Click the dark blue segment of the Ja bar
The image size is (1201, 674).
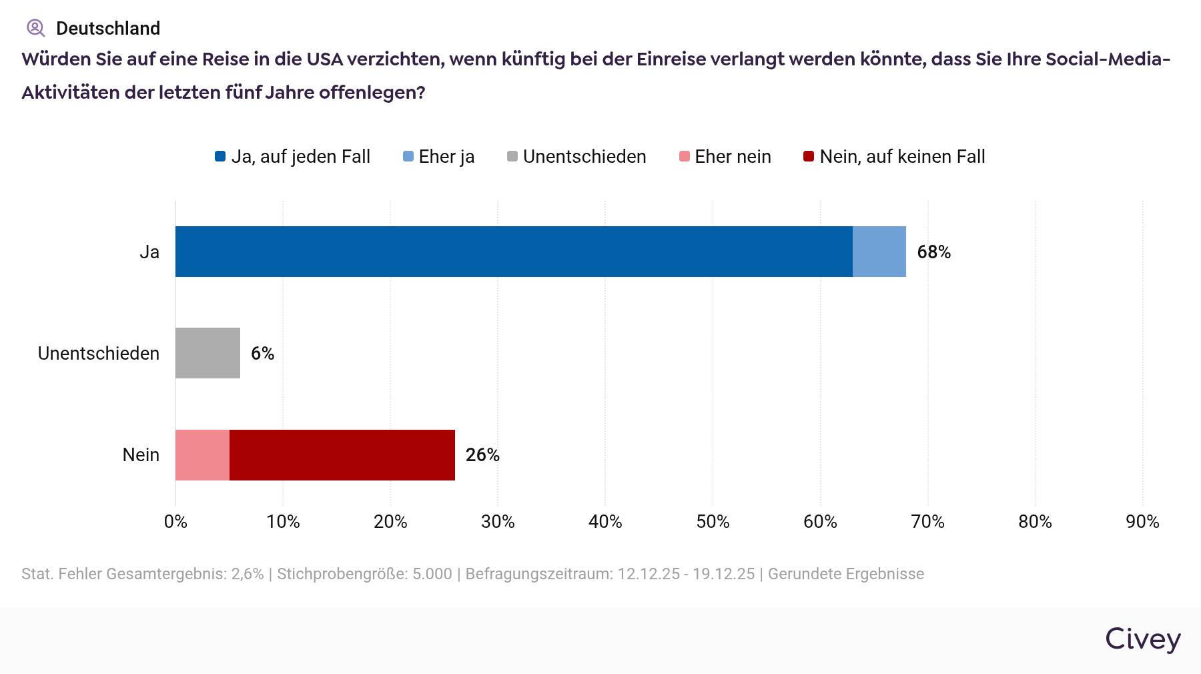pos(514,252)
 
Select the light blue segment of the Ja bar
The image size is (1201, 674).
pos(879,252)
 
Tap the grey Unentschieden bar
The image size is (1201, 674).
pos(208,353)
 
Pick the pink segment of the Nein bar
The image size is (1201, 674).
pos(202,455)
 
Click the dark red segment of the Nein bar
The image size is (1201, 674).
pos(342,455)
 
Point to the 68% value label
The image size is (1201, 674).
pos(933,252)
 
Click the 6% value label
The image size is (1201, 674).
pos(262,354)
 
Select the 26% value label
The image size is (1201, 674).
pos(482,455)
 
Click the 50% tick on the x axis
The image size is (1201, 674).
pos(713,522)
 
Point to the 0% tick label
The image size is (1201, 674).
pos(175,522)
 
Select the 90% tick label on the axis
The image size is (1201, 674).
pos(1142,522)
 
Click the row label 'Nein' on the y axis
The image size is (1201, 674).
pos(141,455)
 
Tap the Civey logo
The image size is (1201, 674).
pos(1143,639)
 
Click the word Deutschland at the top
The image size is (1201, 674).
pos(108,29)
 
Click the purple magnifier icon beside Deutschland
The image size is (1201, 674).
pos(35,28)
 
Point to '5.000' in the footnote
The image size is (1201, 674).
pos(432,574)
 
